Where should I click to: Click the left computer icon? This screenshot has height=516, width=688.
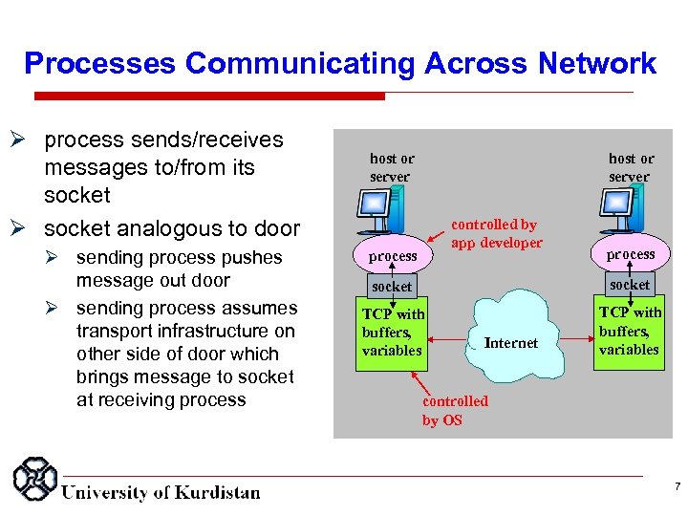[x=376, y=213]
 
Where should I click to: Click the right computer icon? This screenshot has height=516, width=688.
[x=615, y=213]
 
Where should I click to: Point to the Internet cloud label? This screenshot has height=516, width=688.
[x=510, y=343]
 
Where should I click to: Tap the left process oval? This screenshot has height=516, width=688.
[x=393, y=256]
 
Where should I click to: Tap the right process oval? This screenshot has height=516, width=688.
[x=630, y=254]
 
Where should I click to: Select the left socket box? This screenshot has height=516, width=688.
[x=392, y=286]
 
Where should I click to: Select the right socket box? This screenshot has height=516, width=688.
[x=630, y=284]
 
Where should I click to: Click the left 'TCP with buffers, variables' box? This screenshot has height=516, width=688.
[x=393, y=332]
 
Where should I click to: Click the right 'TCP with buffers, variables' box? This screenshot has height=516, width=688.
[x=629, y=331]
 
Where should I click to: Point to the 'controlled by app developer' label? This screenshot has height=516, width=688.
[x=496, y=234]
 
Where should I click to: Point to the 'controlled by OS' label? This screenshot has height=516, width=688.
[x=455, y=411]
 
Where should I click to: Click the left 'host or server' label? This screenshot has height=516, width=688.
[x=392, y=167]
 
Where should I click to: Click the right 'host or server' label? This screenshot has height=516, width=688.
[x=631, y=167]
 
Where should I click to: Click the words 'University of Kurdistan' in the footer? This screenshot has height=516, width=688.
[x=161, y=493]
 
